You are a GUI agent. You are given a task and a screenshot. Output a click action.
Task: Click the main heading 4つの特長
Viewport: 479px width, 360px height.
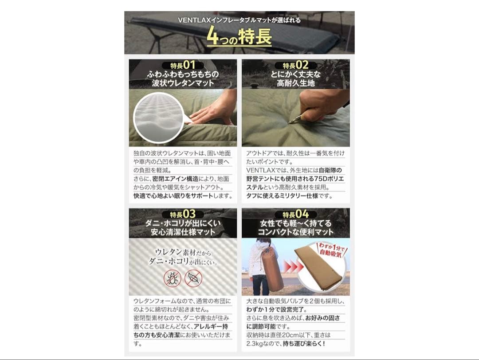click(239, 37)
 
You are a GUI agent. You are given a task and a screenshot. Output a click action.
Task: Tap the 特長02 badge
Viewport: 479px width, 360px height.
click(295, 65)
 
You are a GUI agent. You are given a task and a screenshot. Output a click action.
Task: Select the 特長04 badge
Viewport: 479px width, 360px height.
click(295, 215)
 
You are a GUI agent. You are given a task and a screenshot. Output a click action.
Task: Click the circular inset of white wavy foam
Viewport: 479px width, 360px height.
click(157, 117)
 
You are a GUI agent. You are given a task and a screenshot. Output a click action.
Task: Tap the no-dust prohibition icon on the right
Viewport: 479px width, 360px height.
click(193, 278)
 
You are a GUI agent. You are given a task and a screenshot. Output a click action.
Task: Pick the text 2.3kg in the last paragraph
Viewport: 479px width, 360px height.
click(256, 343)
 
